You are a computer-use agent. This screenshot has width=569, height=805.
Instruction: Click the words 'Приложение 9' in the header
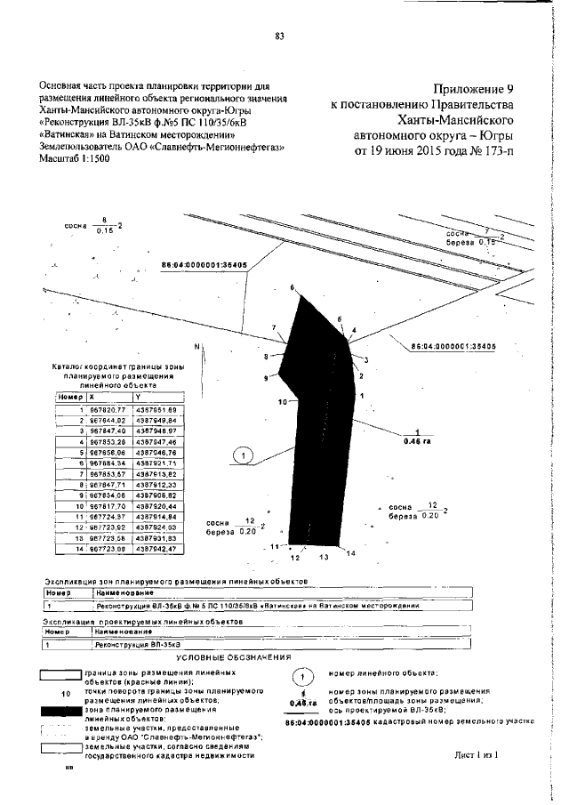pyautogui.click(x=474, y=89)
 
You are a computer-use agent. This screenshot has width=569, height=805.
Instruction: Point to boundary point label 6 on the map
pyautogui.click(x=291, y=287)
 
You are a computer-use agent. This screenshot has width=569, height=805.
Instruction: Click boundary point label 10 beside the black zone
pyautogui.click(x=283, y=403)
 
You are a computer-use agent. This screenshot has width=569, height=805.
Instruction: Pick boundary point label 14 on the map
pyautogui.click(x=350, y=554)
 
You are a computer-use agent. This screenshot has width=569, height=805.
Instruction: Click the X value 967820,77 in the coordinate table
pyautogui.click(x=103, y=407)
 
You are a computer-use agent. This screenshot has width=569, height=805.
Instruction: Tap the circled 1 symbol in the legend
pyautogui.click(x=303, y=677)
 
